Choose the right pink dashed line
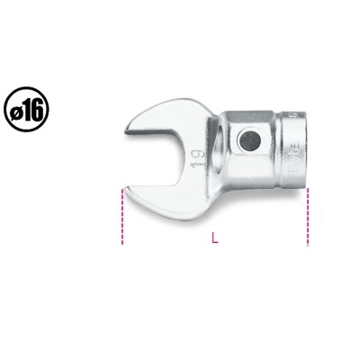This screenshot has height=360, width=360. click(x=307, y=216)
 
